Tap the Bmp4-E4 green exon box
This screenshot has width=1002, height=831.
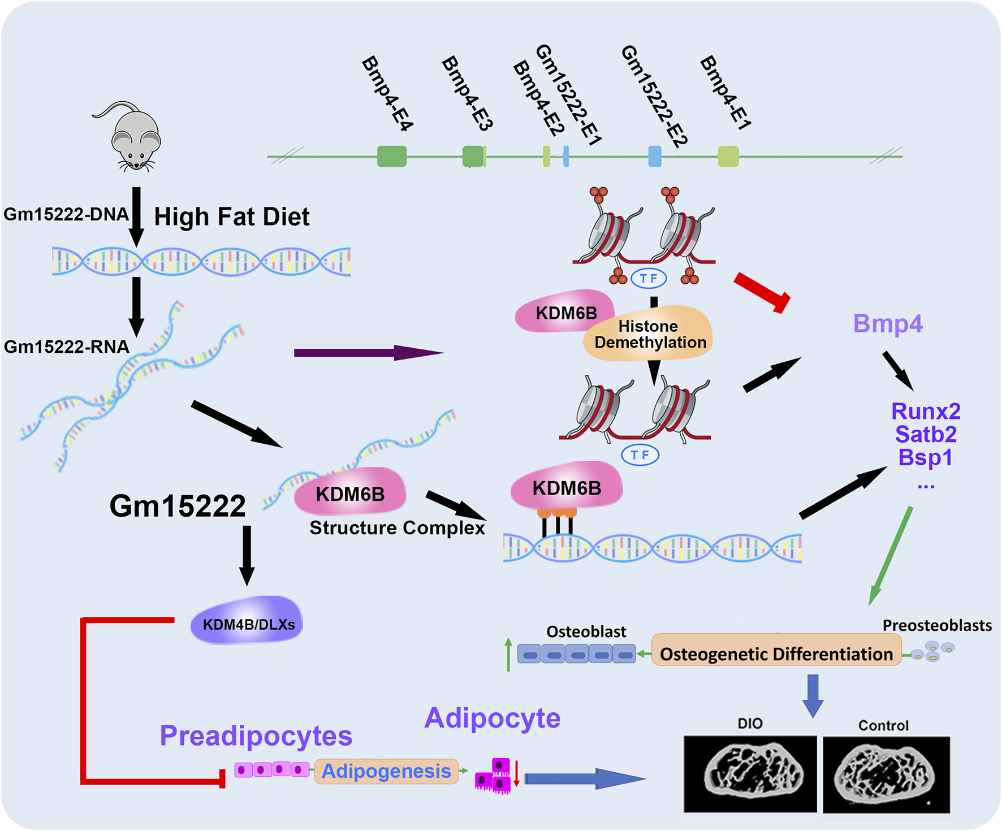tap(391, 156)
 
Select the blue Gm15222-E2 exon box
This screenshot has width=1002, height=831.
tap(654, 156)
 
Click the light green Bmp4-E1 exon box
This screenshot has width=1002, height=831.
tap(728, 156)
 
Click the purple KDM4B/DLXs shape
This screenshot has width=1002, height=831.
tap(248, 622)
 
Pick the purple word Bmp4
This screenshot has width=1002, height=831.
tap(887, 324)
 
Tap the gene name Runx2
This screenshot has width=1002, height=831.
tap(925, 411)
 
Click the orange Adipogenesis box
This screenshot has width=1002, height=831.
tap(386, 771)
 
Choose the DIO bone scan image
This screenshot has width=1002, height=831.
tap(750, 773)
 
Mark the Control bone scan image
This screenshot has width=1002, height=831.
tap(886, 774)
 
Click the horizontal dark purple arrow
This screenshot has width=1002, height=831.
tap(368, 353)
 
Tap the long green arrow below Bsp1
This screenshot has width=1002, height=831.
tap(891, 556)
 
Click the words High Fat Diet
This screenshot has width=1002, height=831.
tap(232, 217)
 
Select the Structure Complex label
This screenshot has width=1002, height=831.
tap(397, 528)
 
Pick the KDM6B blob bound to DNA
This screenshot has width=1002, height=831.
tap(567, 487)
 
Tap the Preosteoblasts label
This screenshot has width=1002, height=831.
tap(936, 626)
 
